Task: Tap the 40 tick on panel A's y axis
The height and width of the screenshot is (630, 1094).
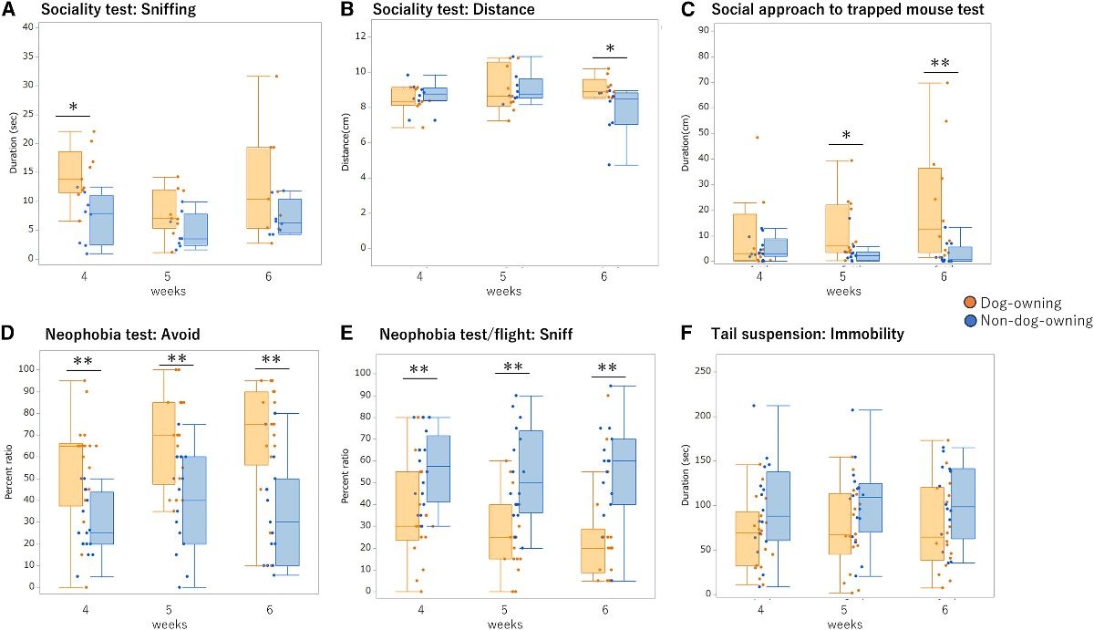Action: [28, 26]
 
